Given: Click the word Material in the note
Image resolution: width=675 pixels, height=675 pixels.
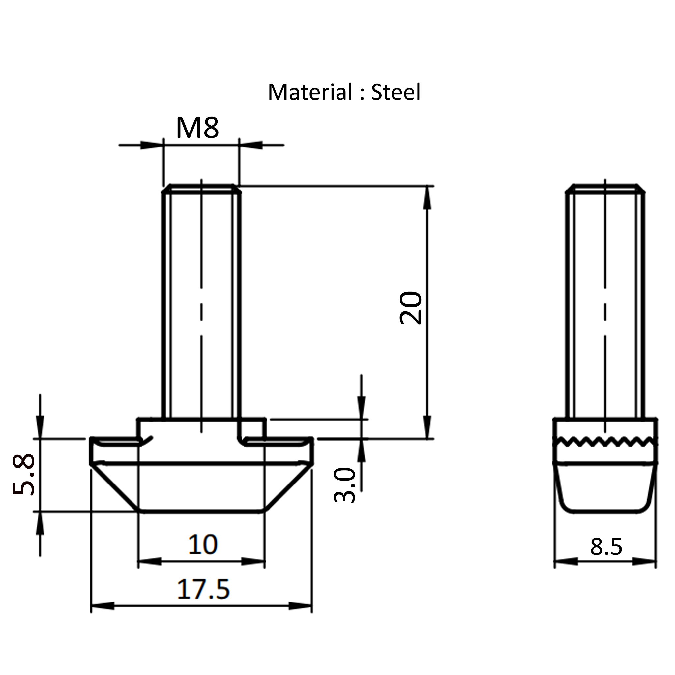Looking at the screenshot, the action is [310, 92].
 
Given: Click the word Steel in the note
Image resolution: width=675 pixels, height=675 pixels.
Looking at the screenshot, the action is [396, 92].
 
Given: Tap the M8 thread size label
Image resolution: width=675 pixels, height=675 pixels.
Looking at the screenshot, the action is [197, 128].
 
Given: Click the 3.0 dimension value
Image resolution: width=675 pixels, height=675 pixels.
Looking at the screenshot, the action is [345, 485].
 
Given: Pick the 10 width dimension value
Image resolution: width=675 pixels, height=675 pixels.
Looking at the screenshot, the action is [203, 544].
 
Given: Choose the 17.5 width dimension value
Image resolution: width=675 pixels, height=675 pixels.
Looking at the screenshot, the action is [203, 589].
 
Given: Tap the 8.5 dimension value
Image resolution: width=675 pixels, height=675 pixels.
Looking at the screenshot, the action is [606, 547].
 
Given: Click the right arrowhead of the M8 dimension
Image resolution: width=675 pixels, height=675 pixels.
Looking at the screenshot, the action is [251, 145].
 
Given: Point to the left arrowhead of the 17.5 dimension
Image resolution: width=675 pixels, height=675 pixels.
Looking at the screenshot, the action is [103, 606].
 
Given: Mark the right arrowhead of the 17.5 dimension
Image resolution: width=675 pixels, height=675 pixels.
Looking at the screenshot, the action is [300, 606].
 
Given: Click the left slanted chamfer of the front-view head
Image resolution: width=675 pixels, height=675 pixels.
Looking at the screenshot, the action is [115, 488].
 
